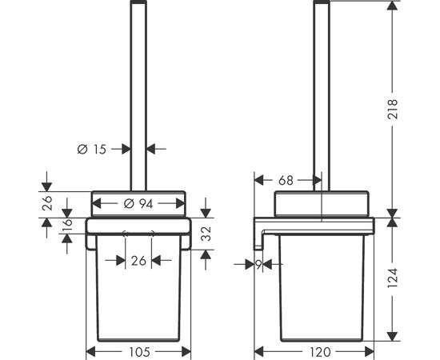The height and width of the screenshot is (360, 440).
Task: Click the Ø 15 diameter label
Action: (92, 150)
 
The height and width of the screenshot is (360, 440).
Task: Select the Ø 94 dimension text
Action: (138, 204)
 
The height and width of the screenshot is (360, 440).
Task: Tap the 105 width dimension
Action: (139, 352)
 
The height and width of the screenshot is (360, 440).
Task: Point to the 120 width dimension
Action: (320, 352)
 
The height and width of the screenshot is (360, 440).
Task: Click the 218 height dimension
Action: (393, 109)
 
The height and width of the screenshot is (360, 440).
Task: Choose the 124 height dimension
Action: (393, 278)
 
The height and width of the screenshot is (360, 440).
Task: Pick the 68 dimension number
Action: (286, 180)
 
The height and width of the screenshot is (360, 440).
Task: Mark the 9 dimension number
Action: (258, 264)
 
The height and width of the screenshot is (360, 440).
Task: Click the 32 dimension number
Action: (206, 234)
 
